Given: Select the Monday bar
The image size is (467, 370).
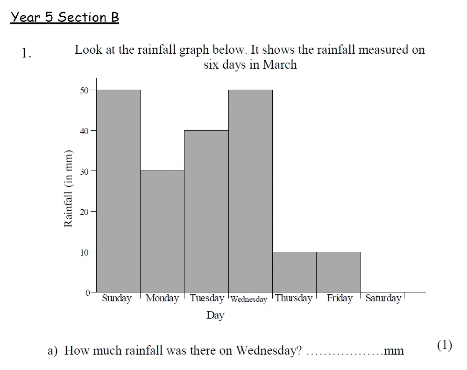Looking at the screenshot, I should pyautogui.click(x=162, y=231).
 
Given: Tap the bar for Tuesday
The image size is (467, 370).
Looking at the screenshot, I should pyautogui.click(x=206, y=211).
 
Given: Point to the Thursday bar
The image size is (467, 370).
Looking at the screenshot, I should pyautogui.click(x=294, y=272).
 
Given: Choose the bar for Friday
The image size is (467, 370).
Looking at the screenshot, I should pyautogui.click(x=338, y=272).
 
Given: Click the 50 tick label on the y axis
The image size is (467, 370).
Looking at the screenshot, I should pyautogui.click(x=84, y=90).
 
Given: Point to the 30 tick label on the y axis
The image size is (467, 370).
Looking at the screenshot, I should pyautogui.click(x=84, y=171).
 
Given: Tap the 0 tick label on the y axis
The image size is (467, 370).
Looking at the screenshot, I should pyautogui.click(x=87, y=292).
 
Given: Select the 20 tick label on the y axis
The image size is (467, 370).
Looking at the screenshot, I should pyautogui.click(x=84, y=212).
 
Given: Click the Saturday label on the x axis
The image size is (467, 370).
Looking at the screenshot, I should pyautogui.click(x=383, y=298).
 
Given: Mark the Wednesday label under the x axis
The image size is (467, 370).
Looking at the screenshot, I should pyautogui.click(x=249, y=299).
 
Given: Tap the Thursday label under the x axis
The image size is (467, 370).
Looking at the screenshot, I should pyautogui.click(x=294, y=298).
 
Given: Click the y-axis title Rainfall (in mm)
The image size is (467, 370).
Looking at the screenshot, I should pyautogui.click(x=68, y=188).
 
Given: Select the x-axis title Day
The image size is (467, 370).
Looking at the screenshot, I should pyautogui.click(x=215, y=315).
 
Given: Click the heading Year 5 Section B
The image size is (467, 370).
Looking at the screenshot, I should pyautogui.click(x=65, y=18).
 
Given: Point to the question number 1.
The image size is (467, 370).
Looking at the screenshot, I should pyautogui.click(x=26, y=54).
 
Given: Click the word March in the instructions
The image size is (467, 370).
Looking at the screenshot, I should pyautogui.click(x=280, y=64).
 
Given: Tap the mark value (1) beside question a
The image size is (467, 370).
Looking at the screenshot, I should pyautogui.click(x=444, y=345).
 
